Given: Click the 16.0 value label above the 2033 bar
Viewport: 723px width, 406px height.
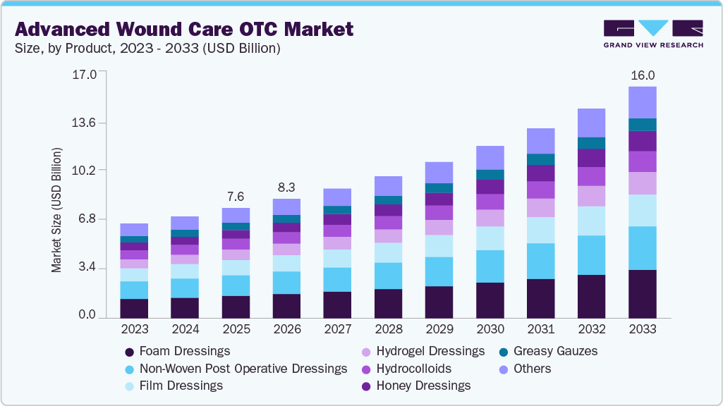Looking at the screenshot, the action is (643, 75).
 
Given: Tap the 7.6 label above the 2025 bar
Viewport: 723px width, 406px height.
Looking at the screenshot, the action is (236, 197).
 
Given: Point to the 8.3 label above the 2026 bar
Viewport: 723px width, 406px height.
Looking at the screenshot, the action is (286, 187).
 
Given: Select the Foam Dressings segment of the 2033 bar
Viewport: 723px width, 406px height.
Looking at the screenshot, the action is (643, 294).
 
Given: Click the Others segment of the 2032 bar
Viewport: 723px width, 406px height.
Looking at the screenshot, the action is (592, 123).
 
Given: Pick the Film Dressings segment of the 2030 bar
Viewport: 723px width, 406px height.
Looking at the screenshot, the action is (490, 238).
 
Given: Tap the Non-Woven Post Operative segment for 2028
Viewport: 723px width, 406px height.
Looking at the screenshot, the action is (388, 276).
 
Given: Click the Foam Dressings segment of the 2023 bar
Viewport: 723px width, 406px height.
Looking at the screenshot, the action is (134, 309).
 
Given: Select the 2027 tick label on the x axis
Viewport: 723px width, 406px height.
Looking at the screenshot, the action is (338, 329).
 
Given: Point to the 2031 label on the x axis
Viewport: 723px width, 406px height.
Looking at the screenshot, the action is (541, 329).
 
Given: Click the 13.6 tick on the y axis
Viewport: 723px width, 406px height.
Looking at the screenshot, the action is (84, 123).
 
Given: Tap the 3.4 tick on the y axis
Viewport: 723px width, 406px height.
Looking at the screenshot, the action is (87, 267).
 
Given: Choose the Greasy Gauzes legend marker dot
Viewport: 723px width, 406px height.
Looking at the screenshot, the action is (504, 352).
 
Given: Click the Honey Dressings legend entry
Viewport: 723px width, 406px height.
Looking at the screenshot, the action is (416, 386).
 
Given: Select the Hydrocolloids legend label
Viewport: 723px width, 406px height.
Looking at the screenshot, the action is (413, 369).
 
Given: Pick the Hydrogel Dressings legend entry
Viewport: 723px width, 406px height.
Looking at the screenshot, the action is (423, 351).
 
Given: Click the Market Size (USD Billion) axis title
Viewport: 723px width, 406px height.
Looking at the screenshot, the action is (56, 210).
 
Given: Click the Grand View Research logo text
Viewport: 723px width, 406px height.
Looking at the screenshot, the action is (653, 45).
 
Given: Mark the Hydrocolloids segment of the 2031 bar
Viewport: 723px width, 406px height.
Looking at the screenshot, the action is (541, 190).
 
